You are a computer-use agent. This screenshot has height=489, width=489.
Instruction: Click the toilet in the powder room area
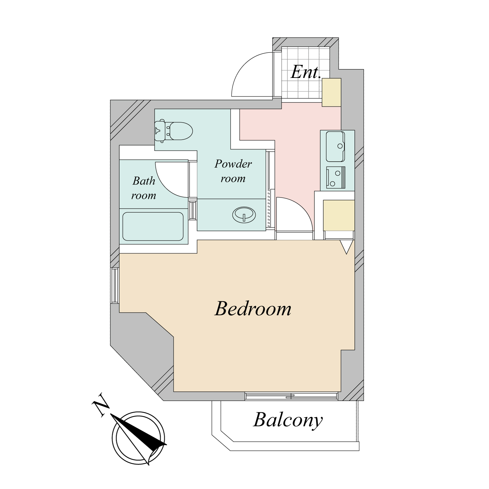pyautogui.click(x=173, y=131)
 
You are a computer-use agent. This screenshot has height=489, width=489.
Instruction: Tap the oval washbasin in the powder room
pyautogui.click(x=244, y=215)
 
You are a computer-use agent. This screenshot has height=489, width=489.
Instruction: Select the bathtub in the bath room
pyautogui.click(x=153, y=227)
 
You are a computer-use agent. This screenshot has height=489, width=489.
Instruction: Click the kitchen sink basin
pyautogui.click(x=335, y=146)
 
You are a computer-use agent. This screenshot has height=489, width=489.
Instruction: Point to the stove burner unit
pyautogui.click(x=336, y=178)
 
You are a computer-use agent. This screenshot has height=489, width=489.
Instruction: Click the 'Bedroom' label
pyautogui.click(x=253, y=308)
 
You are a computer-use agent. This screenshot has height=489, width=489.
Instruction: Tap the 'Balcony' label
pyautogui.click(x=288, y=420)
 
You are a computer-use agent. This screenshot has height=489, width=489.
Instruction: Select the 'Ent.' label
pyautogui.click(x=305, y=72)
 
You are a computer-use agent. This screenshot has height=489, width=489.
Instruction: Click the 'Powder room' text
pyautogui.click(x=233, y=171)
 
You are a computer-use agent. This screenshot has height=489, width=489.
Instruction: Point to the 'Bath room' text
pyautogui.click(x=144, y=188)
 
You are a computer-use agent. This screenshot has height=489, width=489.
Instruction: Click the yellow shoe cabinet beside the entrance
pyautogui.click(x=332, y=92)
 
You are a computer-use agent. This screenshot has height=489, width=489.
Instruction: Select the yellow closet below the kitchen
pyautogui.click(x=339, y=215)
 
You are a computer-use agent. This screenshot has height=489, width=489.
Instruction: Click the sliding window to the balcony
pyautogui.click(x=291, y=396)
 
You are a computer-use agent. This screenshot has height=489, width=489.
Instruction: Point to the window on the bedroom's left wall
pyautogui.click(x=115, y=286)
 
